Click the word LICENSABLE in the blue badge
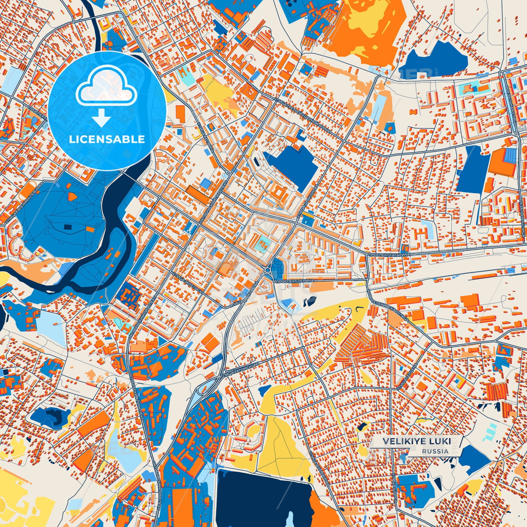point(107,139)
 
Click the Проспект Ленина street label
point(295,280)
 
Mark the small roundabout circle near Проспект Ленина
point(268,270)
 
